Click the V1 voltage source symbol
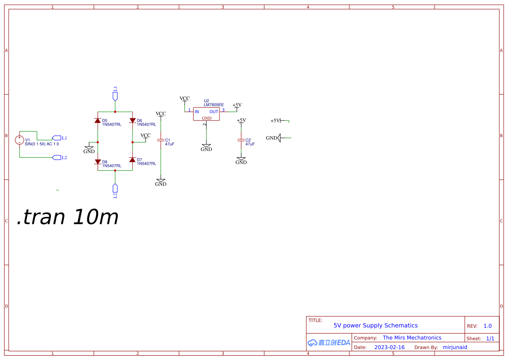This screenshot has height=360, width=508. (x=20, y=140)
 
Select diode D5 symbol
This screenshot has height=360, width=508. (x=98, y=120)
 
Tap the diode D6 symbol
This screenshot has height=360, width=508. (x=133, y=120)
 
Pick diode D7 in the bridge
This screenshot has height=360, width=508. (x=133, y=160)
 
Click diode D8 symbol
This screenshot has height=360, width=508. (x=98, y=162)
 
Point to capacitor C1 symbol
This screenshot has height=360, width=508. (x=161, y=140)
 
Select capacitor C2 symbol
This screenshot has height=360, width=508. (x=241, y=140)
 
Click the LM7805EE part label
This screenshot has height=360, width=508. (x=214, y=105)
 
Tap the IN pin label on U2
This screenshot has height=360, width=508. (x=197, y=112)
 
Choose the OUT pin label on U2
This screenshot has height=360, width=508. (x=214, y=112)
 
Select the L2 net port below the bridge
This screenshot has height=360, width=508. (x=115, y=189)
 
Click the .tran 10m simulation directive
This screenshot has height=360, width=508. (x=68, y=217)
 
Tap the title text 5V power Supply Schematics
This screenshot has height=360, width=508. (x=375, y=325)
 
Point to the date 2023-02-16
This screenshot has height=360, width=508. (x=389, y=347)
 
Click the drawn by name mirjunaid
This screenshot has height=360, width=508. (x=455, y=347)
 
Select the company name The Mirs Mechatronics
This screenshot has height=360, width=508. (x=412, y=338)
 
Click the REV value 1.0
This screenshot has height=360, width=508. (x=488, y=326)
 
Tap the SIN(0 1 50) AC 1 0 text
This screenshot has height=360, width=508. (x=42, y=144)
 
